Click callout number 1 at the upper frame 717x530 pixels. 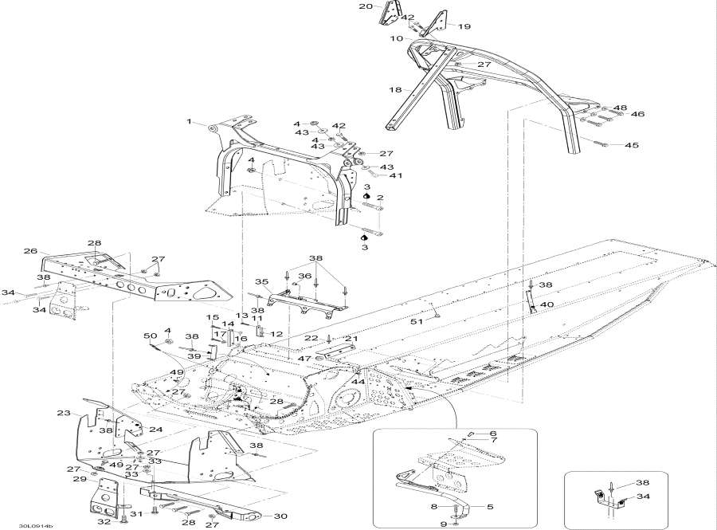coord(190,122)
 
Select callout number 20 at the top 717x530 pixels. coord(366,6)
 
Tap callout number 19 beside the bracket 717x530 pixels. coord(464,26)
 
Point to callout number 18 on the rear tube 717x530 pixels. coord(395,90)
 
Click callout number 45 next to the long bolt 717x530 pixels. coord(631,146)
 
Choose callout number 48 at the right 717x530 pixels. coord(620,107)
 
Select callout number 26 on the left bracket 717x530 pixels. coord(30,252)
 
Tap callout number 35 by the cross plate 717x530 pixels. coord(261,282)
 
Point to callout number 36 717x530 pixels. coord(304,277)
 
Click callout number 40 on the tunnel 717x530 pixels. coord(547,304)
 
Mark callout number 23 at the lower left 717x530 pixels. coord(64,413)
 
